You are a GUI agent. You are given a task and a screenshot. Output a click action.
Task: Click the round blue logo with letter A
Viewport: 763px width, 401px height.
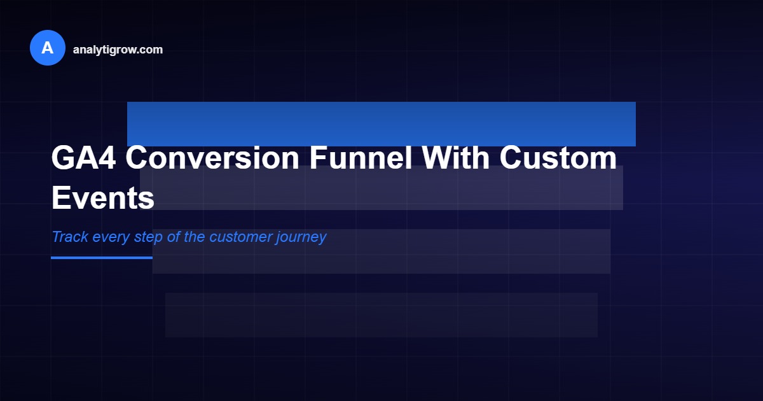click(48, 48)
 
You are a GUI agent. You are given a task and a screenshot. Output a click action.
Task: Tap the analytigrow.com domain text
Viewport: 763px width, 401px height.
click(118, 50)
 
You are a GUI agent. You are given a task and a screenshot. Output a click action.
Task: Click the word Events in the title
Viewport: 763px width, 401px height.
click(103, 197)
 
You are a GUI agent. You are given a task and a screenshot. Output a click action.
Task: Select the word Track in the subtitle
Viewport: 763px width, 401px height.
click(70, 237)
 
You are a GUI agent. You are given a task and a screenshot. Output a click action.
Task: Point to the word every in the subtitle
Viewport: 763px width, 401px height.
click(111, 237)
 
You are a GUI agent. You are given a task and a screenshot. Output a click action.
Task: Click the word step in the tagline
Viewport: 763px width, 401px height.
click(149, 237)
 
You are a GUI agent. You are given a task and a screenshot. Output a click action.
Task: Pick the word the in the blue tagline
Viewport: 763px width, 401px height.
click(195, 237)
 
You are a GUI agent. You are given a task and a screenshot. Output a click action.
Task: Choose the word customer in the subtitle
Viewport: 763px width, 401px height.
click(240, 237)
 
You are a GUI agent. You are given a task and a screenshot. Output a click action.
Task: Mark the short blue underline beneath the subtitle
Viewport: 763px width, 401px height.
click(102, 258)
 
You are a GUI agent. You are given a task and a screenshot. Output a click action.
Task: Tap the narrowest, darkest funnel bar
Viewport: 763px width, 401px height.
click(381, 315)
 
